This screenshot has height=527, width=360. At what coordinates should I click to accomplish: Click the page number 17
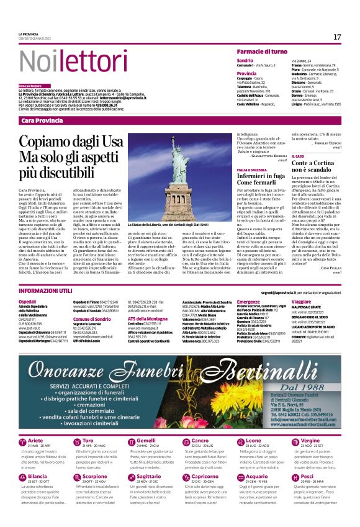[337, 37]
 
